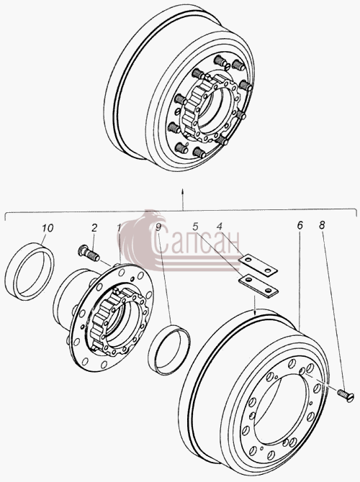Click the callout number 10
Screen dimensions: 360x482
tap(48, 228)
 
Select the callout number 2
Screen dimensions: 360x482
tap(94, 228)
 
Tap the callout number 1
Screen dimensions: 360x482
tap(119, 228)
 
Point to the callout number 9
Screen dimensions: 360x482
tap(158, 227)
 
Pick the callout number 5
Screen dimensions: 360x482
tap(195, 227)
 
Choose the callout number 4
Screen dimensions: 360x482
tap(219, 227)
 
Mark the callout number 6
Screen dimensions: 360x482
tap(300, 225)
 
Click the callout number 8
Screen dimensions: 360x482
tap(322, 225)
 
